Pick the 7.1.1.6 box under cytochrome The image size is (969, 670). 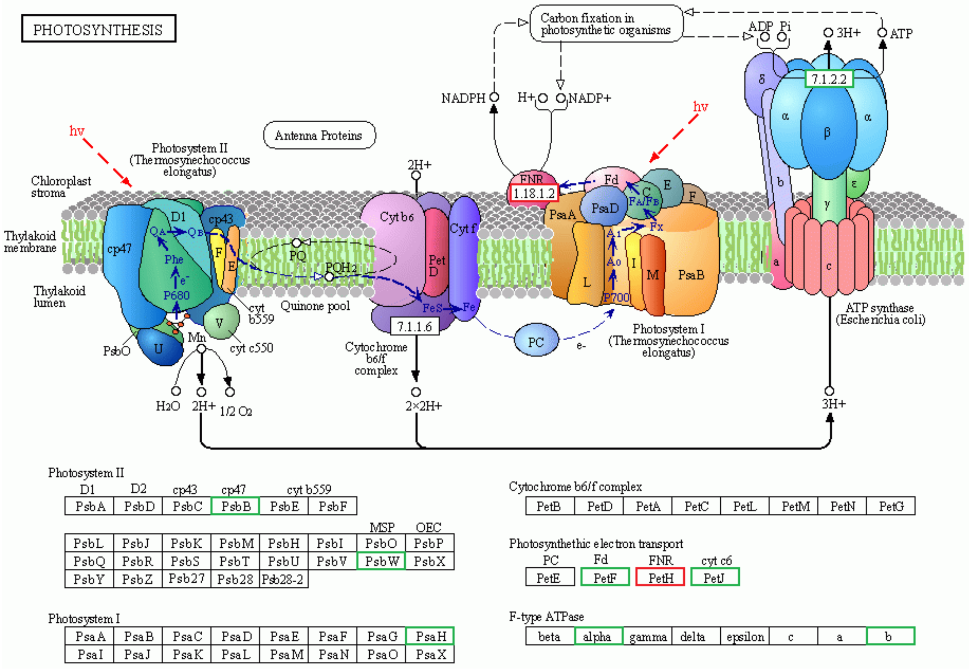[414, 326]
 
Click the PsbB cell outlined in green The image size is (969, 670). [235, 506]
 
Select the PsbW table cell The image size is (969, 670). [380, 561]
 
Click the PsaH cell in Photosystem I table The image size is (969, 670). [430, 636]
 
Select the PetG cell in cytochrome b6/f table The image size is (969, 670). [891, 507]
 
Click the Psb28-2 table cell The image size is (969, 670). [283, 579]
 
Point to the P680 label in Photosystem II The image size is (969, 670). [176, 295]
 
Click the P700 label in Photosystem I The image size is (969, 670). [616, 297]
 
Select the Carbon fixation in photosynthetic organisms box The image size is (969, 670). [606, 24]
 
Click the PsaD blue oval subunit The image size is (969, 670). [604, 208]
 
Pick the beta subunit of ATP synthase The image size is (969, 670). [828, 133]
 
